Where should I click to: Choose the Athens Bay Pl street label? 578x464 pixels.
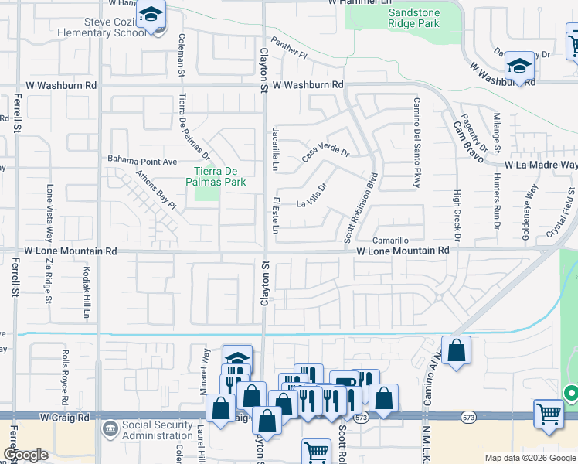pos(157,190)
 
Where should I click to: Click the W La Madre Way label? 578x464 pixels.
pos(541,165)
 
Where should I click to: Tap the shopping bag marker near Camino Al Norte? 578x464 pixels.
pos(457,349)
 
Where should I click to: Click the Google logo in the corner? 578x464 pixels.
pos(25,455)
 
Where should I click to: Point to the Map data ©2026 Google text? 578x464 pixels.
pos(529,458)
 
